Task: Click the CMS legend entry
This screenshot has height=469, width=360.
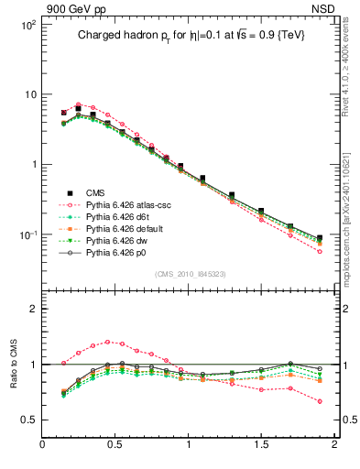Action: [x=95, y=192]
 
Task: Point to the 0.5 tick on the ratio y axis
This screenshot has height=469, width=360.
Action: [x=28, y=420]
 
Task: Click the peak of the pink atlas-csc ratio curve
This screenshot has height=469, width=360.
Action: [x=108, y=342]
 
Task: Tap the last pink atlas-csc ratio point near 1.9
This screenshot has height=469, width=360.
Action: [x=320, y=401]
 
